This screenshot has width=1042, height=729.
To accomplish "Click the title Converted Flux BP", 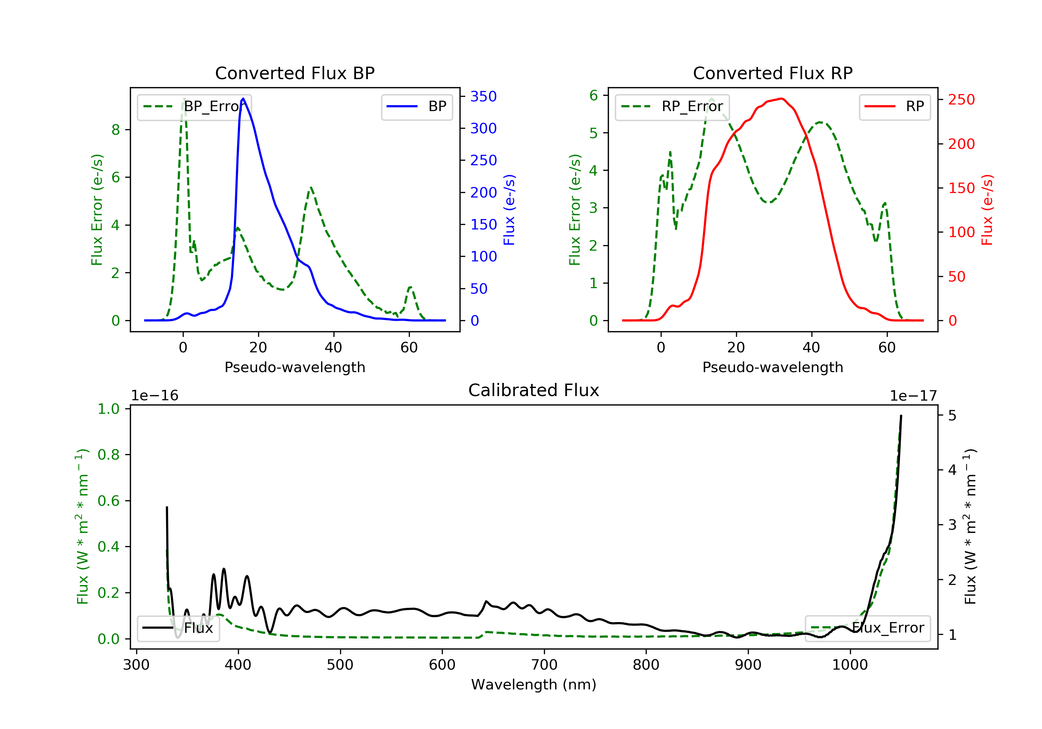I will click(295, 73).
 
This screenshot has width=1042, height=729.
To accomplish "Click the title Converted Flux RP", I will click(772, 73).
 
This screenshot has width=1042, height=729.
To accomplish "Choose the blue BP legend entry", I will click(416, 107).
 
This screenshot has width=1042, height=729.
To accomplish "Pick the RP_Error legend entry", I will click(672, 107).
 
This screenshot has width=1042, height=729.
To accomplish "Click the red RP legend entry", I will click(894, 107).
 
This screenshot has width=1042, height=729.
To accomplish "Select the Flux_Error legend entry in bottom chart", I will click(867, 628).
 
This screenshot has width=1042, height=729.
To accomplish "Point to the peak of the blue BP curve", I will click(243, 99).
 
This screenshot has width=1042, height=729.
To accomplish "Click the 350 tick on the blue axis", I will click(483, 96).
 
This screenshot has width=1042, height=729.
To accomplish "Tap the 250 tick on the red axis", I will click(961, 99).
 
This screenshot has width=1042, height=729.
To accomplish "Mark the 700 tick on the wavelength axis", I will click(544, 665).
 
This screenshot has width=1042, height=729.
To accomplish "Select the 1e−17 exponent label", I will click(913, 396).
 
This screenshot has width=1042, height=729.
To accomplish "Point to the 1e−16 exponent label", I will click(155, 396).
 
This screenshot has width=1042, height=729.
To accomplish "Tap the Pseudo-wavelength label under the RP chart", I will click(772, 367).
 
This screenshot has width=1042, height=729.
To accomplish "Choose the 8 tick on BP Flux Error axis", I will click(116, 130).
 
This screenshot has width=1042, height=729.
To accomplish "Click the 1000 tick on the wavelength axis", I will click(850, 665).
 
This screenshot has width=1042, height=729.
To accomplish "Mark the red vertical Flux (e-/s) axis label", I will click(987, 210).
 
